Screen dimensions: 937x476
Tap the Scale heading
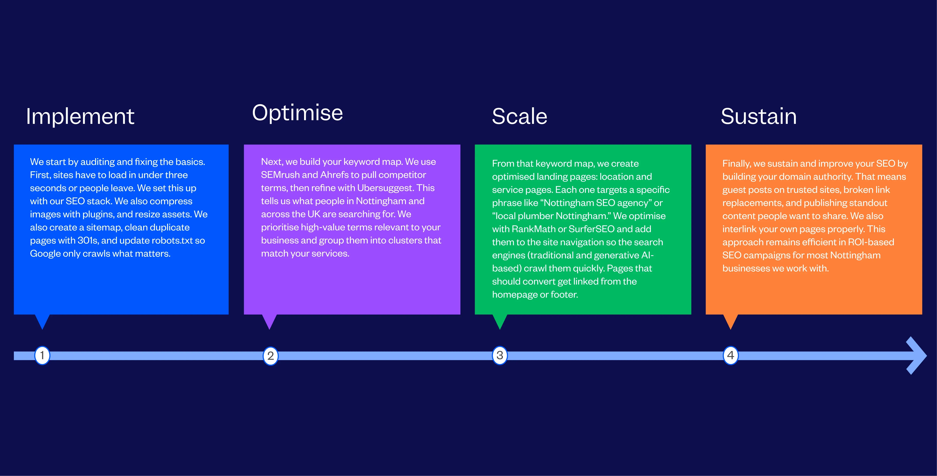(519, 117)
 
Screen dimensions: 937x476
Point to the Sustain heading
(759, 117)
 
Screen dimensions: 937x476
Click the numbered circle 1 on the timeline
(42, 355)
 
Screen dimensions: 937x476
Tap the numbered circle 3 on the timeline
(500, 355)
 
